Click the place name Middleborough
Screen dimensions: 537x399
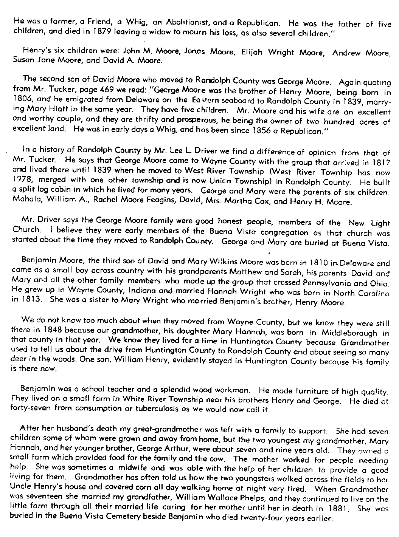tap(349, 333)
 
